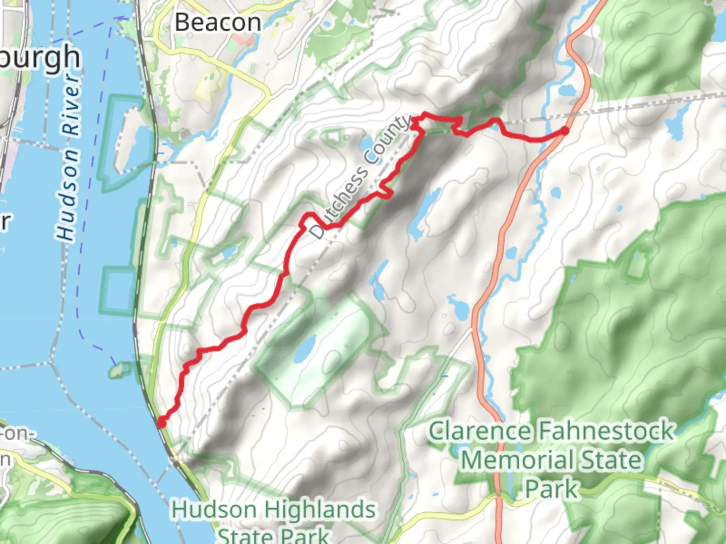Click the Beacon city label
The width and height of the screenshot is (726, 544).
pyautogui.click(x=218, y=23)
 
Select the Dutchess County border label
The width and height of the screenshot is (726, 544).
pyautogui.click(x=360, y=178)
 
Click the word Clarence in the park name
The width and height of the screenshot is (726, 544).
pyautogui.click(x=479, y=432)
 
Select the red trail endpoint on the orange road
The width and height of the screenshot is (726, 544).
pyautogui.click(x=565, y=131)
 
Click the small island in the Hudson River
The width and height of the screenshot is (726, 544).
pyautogui.click(x=118, y=371)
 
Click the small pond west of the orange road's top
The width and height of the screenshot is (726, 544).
pyautogui.click(x=566, y=91)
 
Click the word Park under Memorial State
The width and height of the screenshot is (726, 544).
pyautogui.click(x=551, y=489)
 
